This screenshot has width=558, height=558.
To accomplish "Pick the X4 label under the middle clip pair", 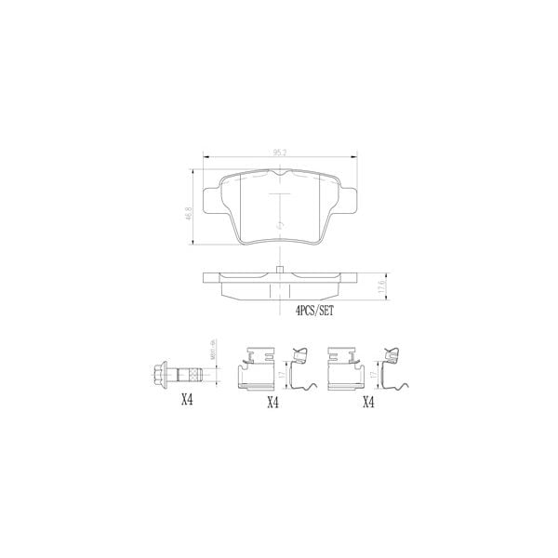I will (x=273, y=402).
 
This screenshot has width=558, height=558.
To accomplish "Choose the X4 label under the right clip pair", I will (x=368, y=402).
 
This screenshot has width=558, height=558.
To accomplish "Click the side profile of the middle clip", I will (x=301, y=370).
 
